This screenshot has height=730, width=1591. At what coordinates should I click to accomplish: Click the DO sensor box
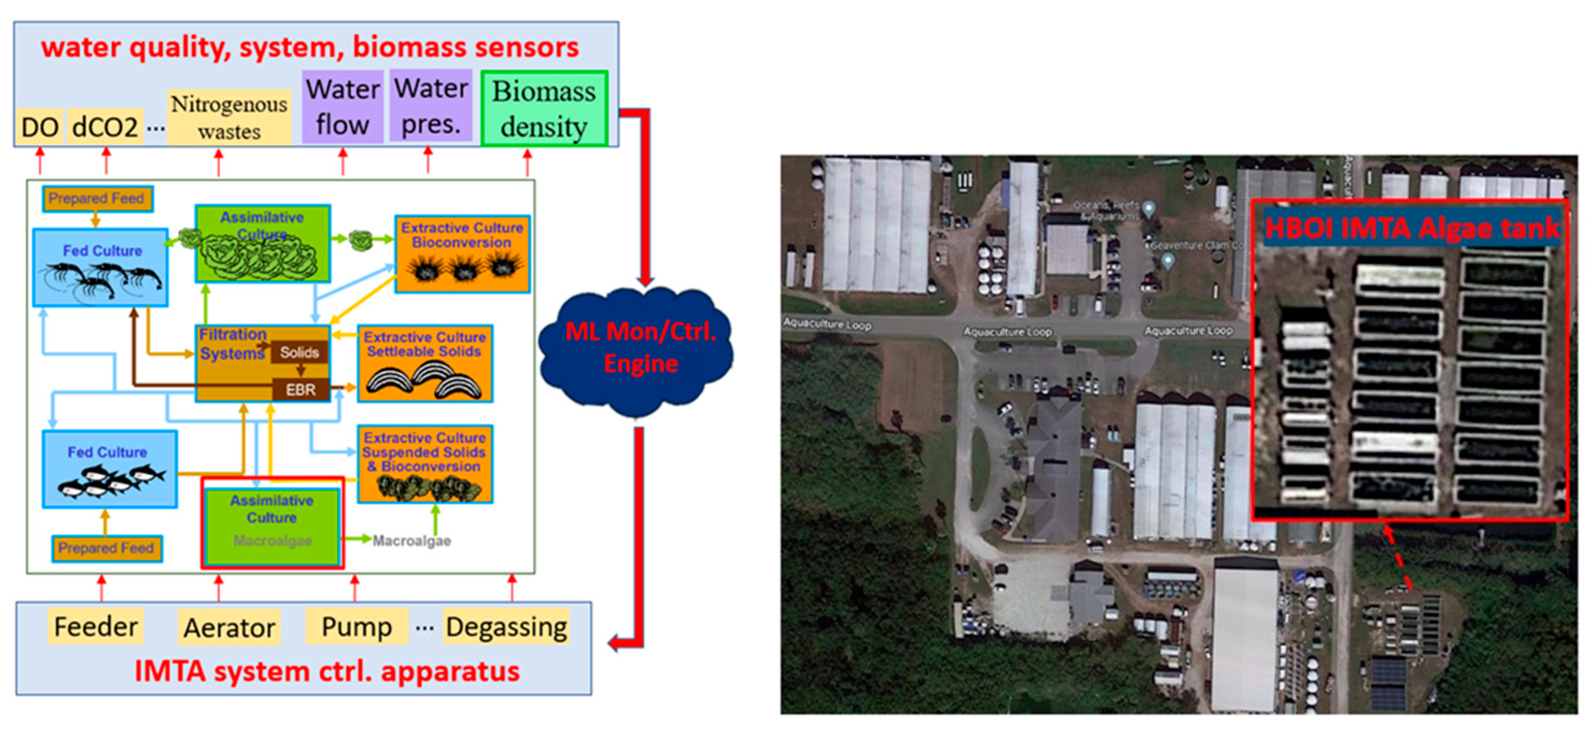point(40,127)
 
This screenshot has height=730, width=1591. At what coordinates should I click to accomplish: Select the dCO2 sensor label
point(105,127)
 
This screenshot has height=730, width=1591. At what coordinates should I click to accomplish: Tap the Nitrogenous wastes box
point(229,117)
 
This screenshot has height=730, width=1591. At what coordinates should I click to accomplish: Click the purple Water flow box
point(343,107)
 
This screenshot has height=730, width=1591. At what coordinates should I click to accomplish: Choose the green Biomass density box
point(544,109)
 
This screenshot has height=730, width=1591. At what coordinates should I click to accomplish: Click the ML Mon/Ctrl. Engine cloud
point(639,348)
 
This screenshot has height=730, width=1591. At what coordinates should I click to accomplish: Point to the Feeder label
point(96,626)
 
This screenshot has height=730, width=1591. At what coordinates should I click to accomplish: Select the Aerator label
point(229,627)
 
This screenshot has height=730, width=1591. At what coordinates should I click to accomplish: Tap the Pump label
point(357,626)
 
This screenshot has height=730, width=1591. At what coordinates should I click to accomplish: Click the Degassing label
point(506,626)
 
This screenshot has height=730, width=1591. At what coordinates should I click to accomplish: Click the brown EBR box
point(301,389)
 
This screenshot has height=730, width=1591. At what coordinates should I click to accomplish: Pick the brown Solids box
point(300,352)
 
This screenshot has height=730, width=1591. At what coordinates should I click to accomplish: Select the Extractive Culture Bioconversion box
point(462,254)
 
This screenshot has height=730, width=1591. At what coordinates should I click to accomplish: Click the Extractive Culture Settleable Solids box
point(424,364)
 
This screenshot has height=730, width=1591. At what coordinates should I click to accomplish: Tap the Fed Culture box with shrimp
point(100,267)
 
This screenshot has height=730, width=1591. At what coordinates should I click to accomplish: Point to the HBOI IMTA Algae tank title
point(1411,228)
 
